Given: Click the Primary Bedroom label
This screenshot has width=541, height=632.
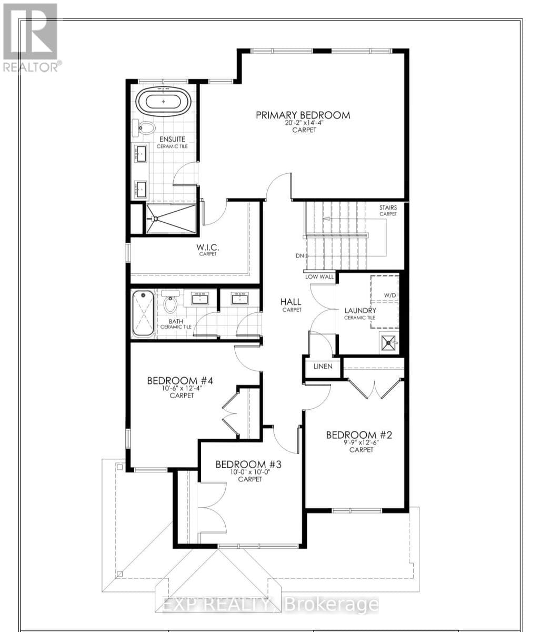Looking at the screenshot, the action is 303,115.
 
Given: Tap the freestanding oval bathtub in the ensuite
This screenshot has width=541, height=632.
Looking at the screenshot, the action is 163,102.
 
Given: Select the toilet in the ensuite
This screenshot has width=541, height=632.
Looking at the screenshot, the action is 144,128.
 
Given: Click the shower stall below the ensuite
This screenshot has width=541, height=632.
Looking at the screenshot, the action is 171,219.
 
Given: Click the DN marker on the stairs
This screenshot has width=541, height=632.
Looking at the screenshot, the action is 300,255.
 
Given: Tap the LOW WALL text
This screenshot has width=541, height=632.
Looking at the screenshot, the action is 319,276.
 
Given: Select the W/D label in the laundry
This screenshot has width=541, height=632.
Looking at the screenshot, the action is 389,295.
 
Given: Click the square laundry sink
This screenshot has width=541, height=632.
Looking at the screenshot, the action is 388,342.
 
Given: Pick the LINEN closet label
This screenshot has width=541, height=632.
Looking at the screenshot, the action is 323,366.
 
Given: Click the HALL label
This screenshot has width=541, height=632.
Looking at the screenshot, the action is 290,302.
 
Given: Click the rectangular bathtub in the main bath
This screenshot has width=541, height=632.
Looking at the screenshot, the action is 143,314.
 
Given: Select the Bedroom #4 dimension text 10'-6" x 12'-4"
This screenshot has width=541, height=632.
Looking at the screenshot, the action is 182,388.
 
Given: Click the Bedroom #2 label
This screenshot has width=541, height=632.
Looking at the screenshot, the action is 358,434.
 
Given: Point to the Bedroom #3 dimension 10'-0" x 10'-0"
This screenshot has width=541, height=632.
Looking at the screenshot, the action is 250,472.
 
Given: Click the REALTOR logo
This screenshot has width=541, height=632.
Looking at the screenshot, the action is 31,37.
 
